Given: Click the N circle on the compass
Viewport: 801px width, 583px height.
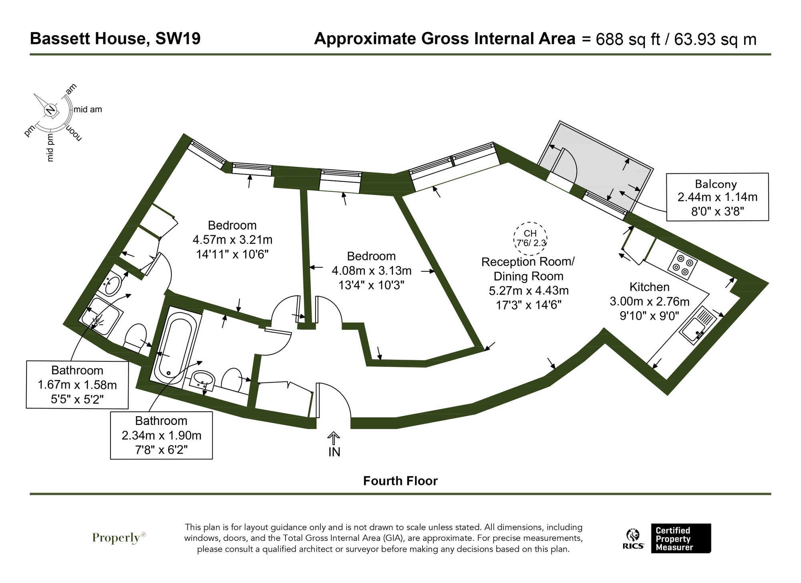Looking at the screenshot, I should tap(50, 110).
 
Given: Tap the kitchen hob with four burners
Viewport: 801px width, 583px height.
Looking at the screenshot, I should tap(683, 264).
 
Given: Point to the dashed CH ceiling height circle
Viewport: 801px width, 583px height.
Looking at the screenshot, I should tap(530, 238).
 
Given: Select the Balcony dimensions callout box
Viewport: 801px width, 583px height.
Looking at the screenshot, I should tap(717, 197).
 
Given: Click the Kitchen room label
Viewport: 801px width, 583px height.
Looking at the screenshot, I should tap(649, 287).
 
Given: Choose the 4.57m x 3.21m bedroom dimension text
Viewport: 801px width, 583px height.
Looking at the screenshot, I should tap(232, 240).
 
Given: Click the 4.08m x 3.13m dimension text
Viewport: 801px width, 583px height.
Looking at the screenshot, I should tap(371, 271).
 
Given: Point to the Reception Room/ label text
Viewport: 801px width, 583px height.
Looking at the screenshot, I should tap(528, 262).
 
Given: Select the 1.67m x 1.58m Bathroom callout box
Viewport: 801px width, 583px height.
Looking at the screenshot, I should tap(77, 385).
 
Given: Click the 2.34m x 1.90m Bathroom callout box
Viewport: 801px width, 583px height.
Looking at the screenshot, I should tap(161, 435).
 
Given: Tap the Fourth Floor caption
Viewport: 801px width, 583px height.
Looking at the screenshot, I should tap(400, 481).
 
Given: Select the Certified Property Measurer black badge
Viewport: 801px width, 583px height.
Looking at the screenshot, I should tap(680, 539).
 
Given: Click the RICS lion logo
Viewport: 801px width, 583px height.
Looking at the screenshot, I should tap(633, 539).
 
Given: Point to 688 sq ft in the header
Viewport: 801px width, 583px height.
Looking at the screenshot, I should tap(627, 40).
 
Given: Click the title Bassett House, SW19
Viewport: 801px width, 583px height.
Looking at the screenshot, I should tap(115, 39).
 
